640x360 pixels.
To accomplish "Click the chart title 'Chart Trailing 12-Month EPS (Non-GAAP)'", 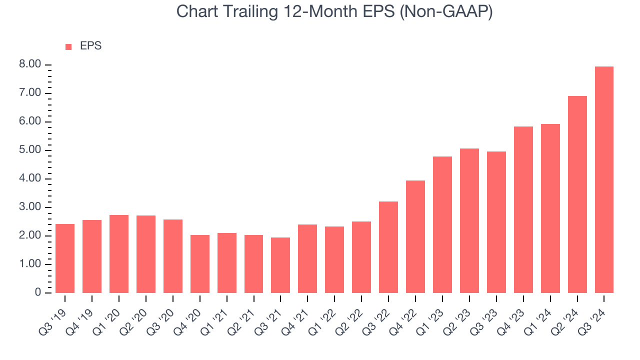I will point(334,12).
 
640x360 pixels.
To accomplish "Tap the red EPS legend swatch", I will point(68,47).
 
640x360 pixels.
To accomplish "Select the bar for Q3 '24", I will point(604,180).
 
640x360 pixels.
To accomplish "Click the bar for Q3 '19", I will point(65,258).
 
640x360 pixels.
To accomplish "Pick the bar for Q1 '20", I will point(119,254).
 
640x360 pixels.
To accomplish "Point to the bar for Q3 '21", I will point(280,265).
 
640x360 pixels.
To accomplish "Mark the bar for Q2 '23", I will point(469,220).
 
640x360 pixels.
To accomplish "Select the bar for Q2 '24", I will point(577,194).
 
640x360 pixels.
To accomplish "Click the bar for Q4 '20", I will point(200,264).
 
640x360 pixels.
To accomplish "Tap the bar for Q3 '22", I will point(388,247).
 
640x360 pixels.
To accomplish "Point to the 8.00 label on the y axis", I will point(30,65).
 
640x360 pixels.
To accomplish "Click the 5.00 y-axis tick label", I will point(30,150).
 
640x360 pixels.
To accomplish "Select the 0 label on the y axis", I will point(37,293).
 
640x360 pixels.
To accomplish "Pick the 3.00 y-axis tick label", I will point(30,207).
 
